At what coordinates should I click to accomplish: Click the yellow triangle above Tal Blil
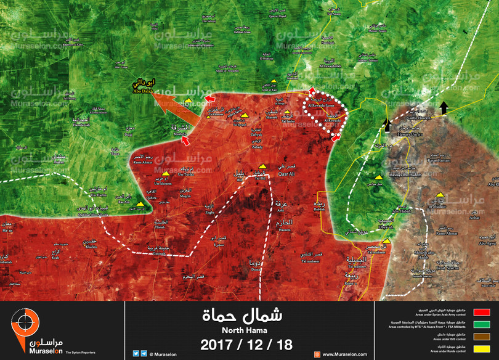(x=262, y=166)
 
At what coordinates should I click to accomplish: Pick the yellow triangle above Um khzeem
(x=165, y=173)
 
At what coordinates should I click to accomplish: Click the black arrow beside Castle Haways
(x=444, y=108)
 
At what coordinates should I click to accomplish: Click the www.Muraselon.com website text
(x=344, y=354)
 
